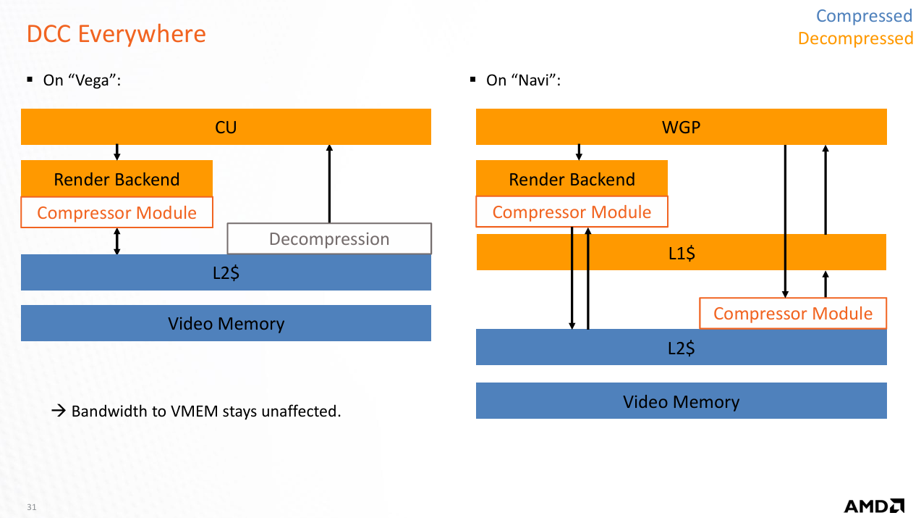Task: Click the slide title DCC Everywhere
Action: (116, 34)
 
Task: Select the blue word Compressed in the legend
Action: (864, 16)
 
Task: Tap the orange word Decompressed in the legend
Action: (855, 38)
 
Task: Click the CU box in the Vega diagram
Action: (226, 127)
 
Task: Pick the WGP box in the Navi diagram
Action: (681, 127)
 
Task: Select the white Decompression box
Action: (329, 239)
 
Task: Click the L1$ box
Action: (681, 252)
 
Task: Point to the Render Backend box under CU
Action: (116, 178)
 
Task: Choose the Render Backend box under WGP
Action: (572, 178)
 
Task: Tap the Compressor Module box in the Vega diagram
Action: (116, 212)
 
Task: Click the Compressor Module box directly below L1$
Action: (792, 313)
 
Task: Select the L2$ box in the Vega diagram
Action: (226, 272)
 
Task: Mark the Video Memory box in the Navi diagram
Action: (681, 401)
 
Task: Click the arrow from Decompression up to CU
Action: (329, 184)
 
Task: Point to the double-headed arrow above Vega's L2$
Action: (117, 241)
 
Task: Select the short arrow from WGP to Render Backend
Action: (579, 152)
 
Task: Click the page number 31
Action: (31, 507)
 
